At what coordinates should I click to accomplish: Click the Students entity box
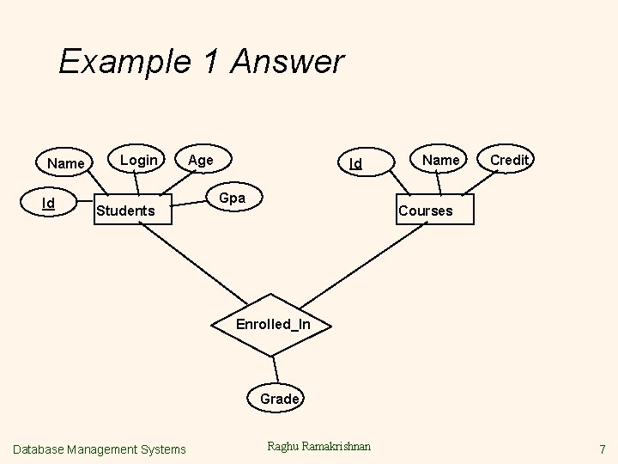pos(125,211)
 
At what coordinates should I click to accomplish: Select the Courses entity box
pos(425,211)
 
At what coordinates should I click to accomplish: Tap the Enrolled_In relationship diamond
pos(273,324)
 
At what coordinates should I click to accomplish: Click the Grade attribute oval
pos(279,399)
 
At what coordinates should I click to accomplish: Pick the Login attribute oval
pos(138,160)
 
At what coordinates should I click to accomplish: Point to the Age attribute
pos(201,160)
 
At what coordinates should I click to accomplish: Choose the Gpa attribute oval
pos(232,198)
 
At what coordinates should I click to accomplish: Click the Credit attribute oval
pos(511,160)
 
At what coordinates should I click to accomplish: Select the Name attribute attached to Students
pos(65,163)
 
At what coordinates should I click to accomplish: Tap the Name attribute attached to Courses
pos(441,160)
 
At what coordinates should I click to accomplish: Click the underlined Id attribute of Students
pos(50,204)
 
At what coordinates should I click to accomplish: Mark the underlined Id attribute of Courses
pos(355,163)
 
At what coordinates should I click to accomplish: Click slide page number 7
pos(603,449)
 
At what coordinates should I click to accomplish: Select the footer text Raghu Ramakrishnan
pos(319,446)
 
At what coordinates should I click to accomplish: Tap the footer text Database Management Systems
pos(100,449)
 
